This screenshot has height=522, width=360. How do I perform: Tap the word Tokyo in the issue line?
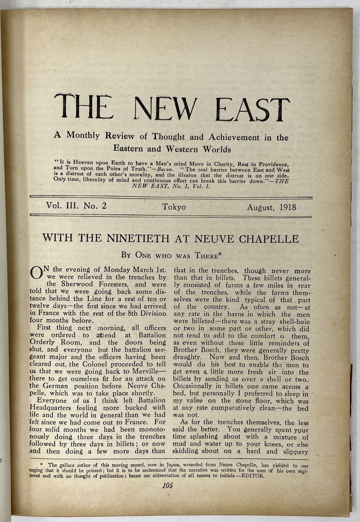(x=174, y=207)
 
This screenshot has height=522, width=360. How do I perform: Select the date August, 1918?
(x=271, y=208)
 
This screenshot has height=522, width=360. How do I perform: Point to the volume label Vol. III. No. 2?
(x=76, y=206)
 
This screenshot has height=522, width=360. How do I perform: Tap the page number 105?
(x=167, y=485)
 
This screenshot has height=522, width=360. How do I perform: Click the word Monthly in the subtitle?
(x=83, y=135)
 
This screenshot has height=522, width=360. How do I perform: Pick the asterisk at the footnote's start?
(x=42, y=465)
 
